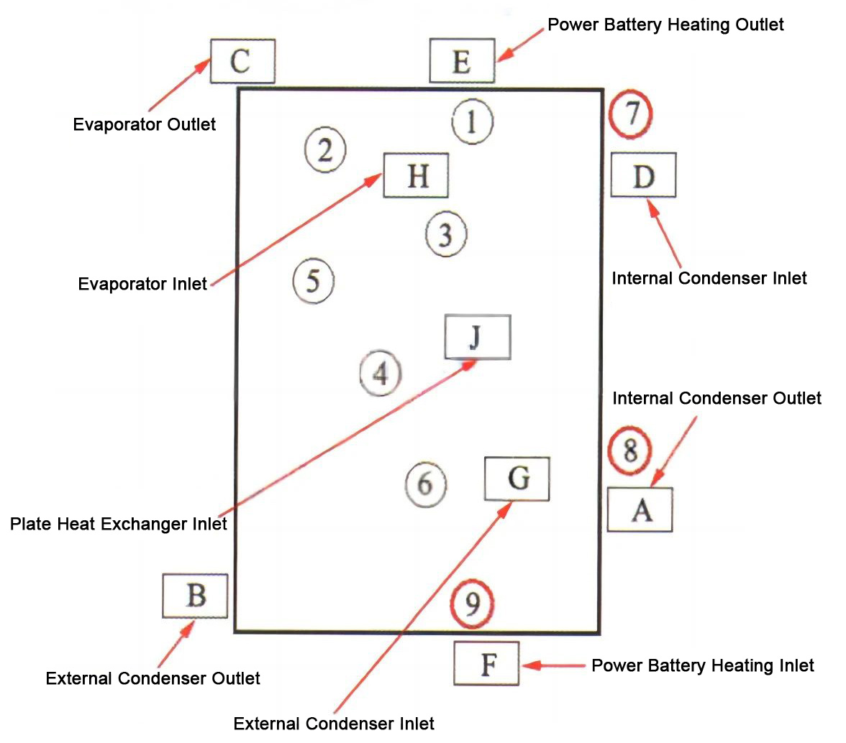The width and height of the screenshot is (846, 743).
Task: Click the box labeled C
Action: click(242, 61)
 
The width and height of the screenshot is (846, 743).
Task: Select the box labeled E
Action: click(462, 61)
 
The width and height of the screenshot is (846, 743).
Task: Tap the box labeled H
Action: click(417, 175)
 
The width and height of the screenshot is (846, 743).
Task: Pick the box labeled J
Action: click(478, 336)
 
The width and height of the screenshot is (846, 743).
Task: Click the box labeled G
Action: click(517, 479)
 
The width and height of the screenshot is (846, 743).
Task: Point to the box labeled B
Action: click(195, 596)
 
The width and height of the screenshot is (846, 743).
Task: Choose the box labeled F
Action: click(487, 663)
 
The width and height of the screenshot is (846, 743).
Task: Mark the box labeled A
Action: click(640, 509)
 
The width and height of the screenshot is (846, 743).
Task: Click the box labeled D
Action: click(643, 175)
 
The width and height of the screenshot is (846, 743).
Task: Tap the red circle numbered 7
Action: click(630, 114)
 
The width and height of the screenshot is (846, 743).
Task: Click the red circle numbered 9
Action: click(472, 604)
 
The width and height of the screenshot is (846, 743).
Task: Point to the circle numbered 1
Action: click(472, 121)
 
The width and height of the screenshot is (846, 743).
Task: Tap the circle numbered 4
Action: click(381, 372)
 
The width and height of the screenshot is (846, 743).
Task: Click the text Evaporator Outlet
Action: click(145, 124)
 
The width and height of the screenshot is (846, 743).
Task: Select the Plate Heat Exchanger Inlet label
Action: click(119, 524)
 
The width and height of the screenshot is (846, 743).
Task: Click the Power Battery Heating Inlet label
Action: click(703, 665)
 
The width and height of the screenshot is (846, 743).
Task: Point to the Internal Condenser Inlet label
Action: click(709, 277)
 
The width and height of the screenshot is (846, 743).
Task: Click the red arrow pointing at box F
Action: click(554, 665)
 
